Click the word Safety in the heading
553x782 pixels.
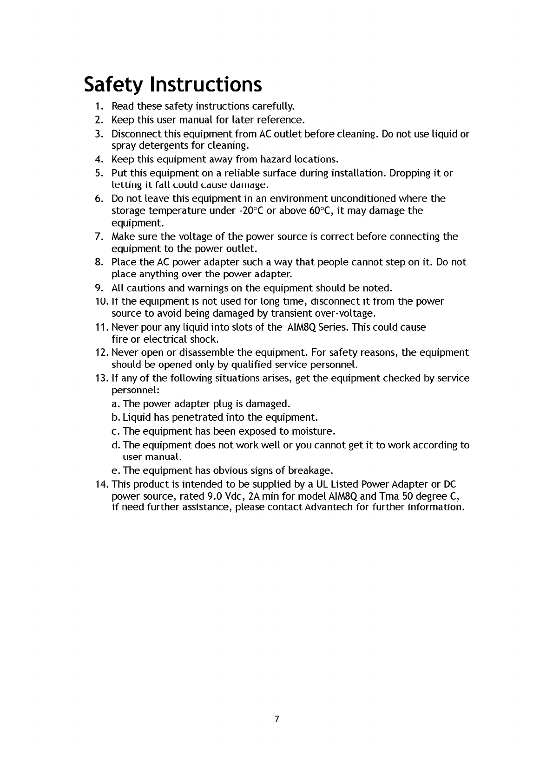(x=114, y=85)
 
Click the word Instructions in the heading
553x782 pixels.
(x=206, y=85)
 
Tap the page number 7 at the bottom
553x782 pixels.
(x=277, y=719)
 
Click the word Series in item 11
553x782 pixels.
(x=334, y=327)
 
